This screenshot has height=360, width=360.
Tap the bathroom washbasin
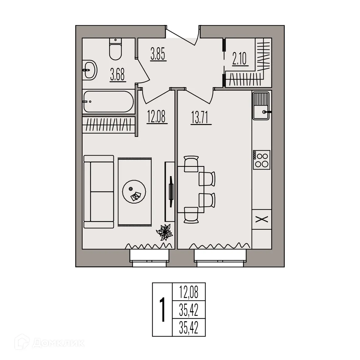90,70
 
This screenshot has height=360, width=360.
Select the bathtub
108,102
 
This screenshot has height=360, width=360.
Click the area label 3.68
117,75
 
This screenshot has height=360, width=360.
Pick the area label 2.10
239,59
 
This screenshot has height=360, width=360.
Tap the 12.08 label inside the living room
157,116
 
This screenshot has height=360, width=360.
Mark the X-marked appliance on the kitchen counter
262,219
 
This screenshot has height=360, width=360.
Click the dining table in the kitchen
191,189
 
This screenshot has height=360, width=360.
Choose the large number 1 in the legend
163,310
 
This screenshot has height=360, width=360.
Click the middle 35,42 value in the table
189,311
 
